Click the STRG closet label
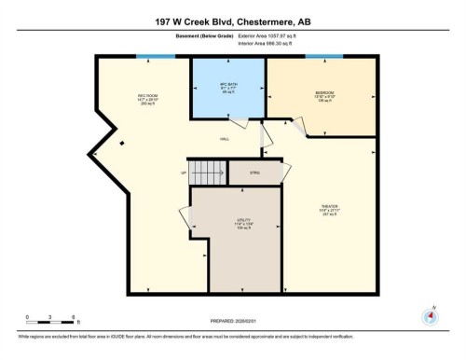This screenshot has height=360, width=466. pos(255,173)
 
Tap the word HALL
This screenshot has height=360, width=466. pos(225,139)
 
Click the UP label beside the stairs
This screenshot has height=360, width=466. pos(183,173)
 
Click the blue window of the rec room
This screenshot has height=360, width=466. pos(148,56)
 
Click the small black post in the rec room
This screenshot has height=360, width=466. pos(122,143)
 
